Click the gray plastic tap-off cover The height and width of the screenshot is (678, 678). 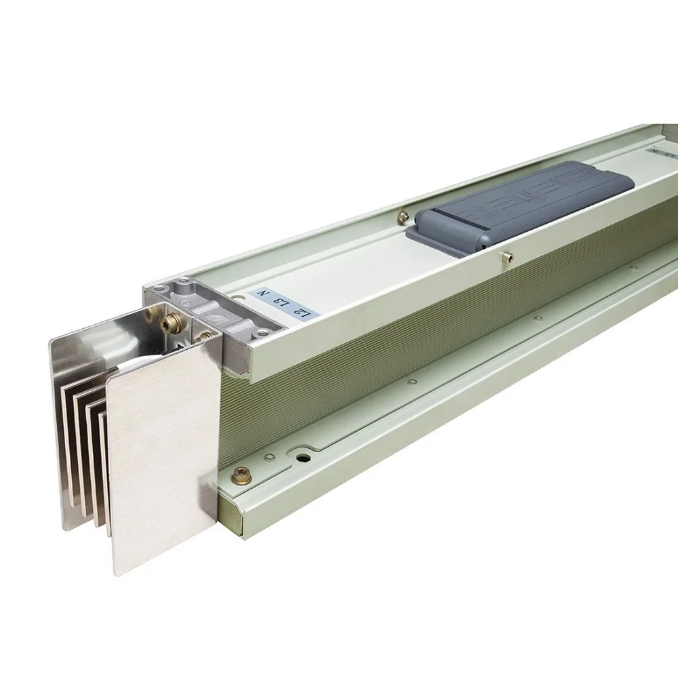522,203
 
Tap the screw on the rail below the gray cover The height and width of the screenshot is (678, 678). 502,256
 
